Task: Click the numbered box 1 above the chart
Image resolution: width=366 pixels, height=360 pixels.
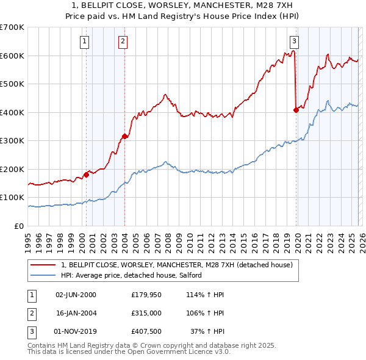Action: (84, 41)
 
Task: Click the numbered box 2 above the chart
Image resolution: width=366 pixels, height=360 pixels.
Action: (123, 41)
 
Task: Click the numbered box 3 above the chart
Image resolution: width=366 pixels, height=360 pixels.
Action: (294, 41)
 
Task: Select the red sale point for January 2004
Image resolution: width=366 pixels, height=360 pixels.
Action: (125, 137)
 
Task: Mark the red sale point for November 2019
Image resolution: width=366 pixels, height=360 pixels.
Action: (296, 110)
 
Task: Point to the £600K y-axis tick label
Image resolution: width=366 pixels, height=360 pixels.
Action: (12, 56)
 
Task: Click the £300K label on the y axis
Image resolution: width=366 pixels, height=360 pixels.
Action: (12, 141)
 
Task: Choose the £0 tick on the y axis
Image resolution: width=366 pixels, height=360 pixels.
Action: (19, 226)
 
